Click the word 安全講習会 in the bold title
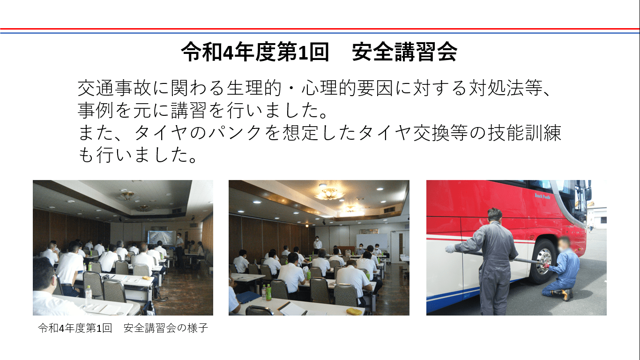(405, 52)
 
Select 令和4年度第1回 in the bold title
(255, 52)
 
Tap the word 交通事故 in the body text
(114, 88)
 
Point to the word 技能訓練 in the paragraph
(525, 133)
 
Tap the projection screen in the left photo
(161, 237)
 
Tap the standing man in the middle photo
(317, 245)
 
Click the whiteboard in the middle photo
(372, 241)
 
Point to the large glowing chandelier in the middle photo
(328, 193)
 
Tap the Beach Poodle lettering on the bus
(542, 196)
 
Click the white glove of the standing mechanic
(451, 248)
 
